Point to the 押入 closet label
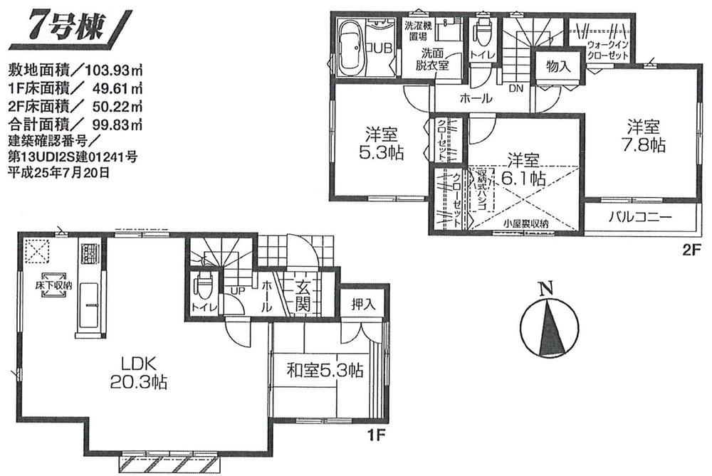click(x=363, y=304)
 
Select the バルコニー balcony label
click(x=639, y=217)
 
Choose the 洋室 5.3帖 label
click(x=380, y=144)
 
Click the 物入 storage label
click(x=558, y=66)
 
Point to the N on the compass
click(x=545, y=289)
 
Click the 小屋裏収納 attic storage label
click(x=526, y=223)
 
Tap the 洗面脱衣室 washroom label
click(x=431, y=58)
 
